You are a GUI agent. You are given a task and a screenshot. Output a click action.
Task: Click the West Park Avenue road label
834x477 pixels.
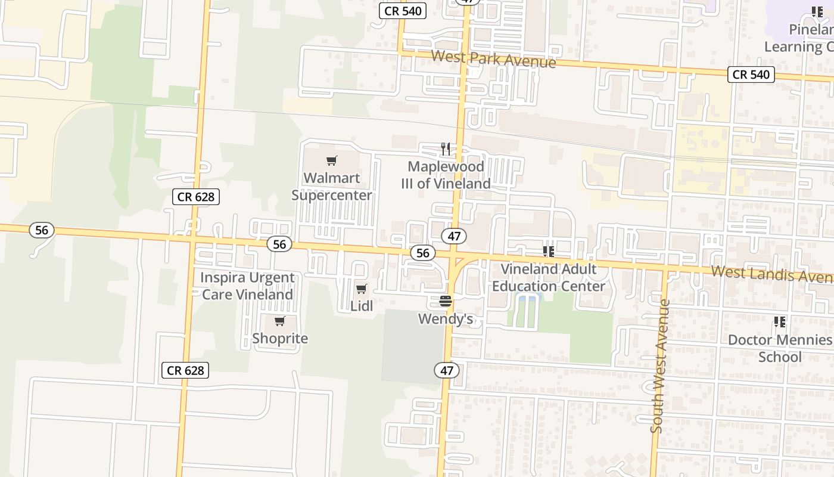[x=493, y=59]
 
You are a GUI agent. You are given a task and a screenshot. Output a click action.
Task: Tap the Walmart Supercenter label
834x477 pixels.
[x=332, y=186]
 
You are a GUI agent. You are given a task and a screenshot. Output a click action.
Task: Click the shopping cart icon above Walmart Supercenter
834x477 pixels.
[x=332, y=160]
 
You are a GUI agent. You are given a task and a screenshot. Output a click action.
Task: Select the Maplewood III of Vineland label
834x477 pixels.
[x=446, y=175]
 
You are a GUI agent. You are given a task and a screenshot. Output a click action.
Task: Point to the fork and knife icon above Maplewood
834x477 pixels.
[x=446, y=148]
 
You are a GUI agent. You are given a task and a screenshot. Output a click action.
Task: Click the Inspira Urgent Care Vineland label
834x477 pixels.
[x=247, y=286]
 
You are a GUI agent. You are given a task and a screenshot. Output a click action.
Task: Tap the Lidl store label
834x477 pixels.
[x=362, y=306]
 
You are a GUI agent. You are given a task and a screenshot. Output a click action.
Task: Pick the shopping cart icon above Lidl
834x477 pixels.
[x=362, y=289]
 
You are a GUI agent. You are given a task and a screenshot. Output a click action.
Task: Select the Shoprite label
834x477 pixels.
[x=280, y=339]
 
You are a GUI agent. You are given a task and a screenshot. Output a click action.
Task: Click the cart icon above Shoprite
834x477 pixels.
[x=280, y=322]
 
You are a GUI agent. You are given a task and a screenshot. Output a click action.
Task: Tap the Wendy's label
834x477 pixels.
[x=446, y=319]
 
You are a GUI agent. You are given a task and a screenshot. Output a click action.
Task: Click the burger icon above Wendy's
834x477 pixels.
[x=446, y=301]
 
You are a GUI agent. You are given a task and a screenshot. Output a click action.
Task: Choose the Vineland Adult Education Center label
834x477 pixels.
[x=548, y=277]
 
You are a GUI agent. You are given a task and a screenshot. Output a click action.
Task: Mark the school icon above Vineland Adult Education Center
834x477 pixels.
[x=548, y=252]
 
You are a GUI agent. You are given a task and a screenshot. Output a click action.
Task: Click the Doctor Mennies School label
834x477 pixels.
[x=780, y=348]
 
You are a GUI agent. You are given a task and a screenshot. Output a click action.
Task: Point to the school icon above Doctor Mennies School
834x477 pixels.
[x=780, y=323]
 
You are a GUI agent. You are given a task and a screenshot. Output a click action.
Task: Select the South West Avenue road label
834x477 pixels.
[x=661, y=366]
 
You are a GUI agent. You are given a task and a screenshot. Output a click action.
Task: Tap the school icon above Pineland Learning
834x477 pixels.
[x=817, y=12]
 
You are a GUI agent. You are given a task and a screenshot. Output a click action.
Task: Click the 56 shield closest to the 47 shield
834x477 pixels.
[x=423, y=253]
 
